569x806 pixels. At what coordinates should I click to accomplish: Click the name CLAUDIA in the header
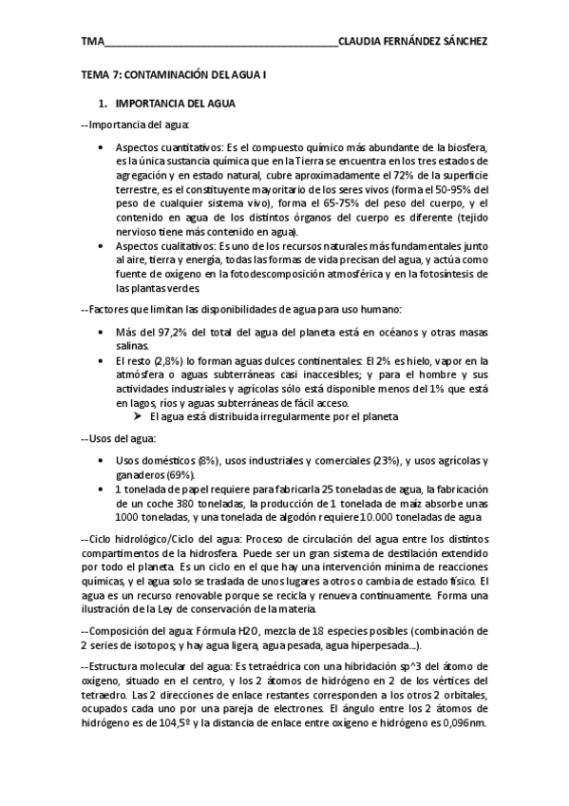(364, 42)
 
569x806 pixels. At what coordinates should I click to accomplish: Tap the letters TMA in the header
(92, 42)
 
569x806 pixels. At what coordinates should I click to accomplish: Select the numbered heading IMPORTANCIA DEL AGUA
(175, 104)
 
